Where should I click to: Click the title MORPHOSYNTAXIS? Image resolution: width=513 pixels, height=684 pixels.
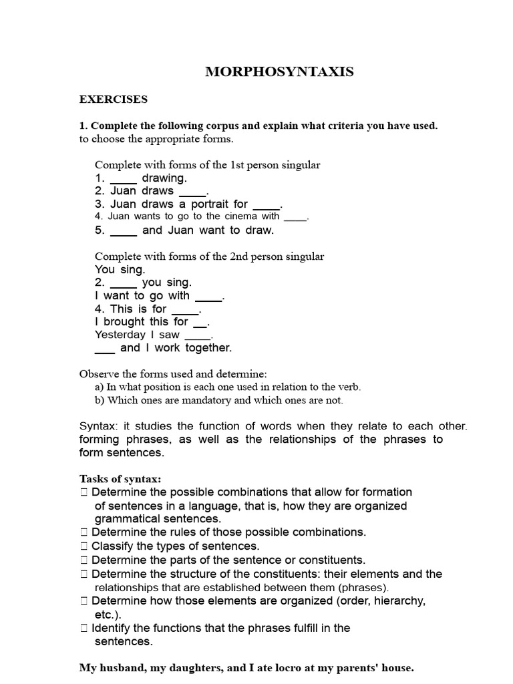pyautogui.click(x=279, y=72)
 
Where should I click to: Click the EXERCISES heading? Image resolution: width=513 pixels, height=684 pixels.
pyautogui.click(x=114, y=100)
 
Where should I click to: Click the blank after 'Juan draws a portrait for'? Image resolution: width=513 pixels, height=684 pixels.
pyautogui.click(x=267, y=205)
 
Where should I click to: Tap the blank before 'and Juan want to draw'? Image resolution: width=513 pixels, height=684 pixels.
pyautogui.click(x=124, y=231)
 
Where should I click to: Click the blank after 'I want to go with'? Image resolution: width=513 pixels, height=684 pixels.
pyautogui.click(x=208, y=297)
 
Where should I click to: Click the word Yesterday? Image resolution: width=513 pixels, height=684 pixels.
pyautogui.click(x=120, y=335)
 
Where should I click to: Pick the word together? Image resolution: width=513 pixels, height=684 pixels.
pyautogui.click(x=208, y=348)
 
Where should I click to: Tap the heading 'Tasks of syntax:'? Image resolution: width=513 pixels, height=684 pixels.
pyautogui.click(x=120, y=479)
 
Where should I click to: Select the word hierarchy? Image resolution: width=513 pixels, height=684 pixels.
pyautogui.click(x=400, y=601)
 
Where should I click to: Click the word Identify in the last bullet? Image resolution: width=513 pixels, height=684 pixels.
pyautogui.click(x=112, y=628)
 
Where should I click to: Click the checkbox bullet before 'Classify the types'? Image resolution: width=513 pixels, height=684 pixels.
pyautogui.click(x=83, y=546)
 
